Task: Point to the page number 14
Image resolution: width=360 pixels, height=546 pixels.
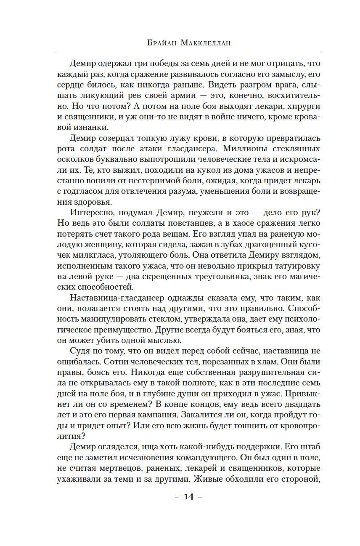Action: click(188, 497)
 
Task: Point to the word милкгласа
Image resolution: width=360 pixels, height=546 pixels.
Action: click(88, 255)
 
